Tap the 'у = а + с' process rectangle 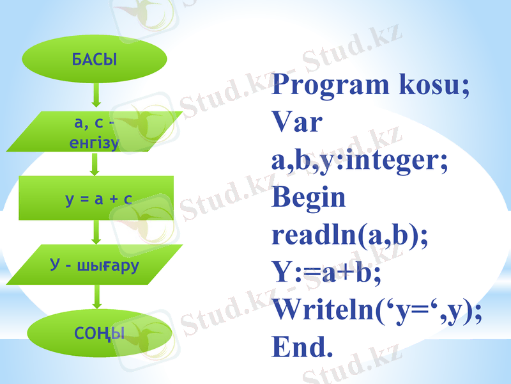[96, 198]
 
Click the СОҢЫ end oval [98, 332]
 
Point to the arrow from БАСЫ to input [96, 95]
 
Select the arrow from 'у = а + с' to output [96, 232]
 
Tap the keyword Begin [309, 197]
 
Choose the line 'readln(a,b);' [350, 236]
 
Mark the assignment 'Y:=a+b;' [326, 273]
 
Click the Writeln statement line [377, 310]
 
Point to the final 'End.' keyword [302, 348]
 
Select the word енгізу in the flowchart [95, 142]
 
